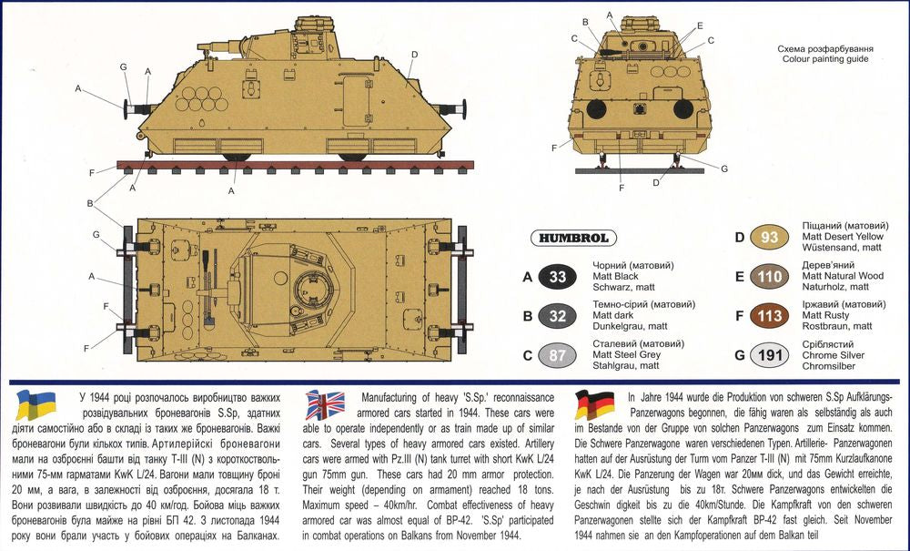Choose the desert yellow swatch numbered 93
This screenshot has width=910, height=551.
(769, 237)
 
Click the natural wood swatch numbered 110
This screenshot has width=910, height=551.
(769, 276)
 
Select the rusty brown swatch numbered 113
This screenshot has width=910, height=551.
(769, 315)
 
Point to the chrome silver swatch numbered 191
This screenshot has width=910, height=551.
(769, 355)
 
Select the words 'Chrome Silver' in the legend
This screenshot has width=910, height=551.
(834, 355)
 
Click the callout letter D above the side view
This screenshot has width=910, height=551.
(414, 54)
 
